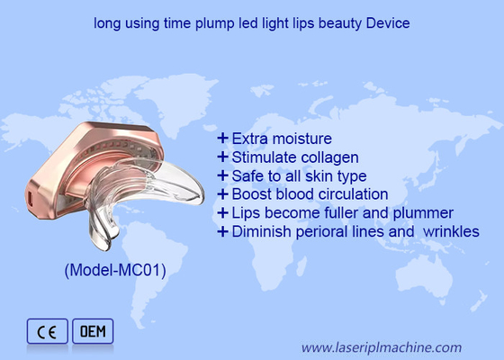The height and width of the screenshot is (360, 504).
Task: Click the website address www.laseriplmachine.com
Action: coord(381,346)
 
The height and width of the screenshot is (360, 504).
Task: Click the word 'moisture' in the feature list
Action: coord(301,139)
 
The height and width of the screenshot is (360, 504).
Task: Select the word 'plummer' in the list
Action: coord(423,213)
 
